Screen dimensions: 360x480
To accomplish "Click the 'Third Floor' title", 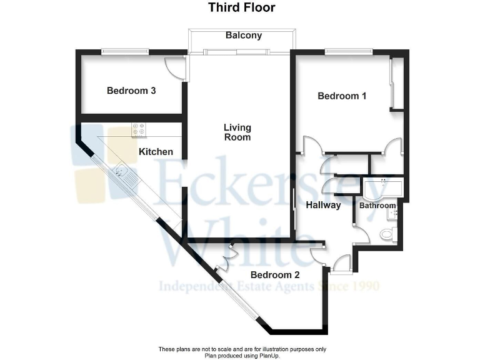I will [x=241, y=8].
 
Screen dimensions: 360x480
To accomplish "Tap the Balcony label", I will [x=243, y=36].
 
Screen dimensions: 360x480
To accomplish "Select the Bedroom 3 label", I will [x=131, y=91].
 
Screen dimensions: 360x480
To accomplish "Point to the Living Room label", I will [x=237, y=132].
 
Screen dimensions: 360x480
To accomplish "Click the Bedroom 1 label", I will [x=342, y=96].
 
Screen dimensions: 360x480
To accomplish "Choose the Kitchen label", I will [x=156, y=151].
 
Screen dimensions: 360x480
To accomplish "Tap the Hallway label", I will [x=323, y=205].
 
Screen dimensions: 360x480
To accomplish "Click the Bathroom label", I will [x=377, y=206].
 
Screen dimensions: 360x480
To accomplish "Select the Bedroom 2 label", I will [x=275, y=274].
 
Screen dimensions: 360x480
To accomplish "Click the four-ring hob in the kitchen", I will [x=138, y=129].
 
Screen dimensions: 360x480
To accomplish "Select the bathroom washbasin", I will [x=394, y=214].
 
